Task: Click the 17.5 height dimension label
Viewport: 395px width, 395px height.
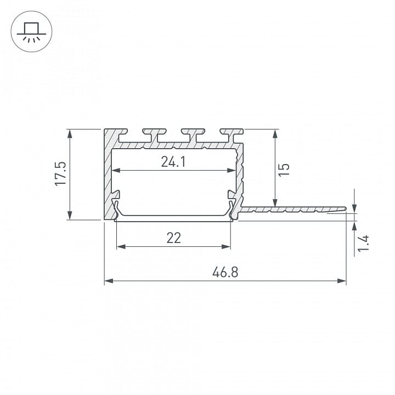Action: tap(61, 174)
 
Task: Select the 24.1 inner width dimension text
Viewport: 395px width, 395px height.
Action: tap(173, 162)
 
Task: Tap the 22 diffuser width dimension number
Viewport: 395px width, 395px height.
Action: tap(173, 238)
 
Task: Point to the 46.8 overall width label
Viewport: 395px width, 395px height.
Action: tap(225, 272)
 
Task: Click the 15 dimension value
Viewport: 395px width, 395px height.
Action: tap(284, 170)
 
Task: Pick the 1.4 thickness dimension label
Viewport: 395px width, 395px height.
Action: tap(363, 244)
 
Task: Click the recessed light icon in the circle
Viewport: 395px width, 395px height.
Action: tap(31, 31)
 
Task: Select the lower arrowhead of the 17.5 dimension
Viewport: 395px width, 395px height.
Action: tap(70, 216)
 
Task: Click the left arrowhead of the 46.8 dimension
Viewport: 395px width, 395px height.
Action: tap(109, 281)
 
